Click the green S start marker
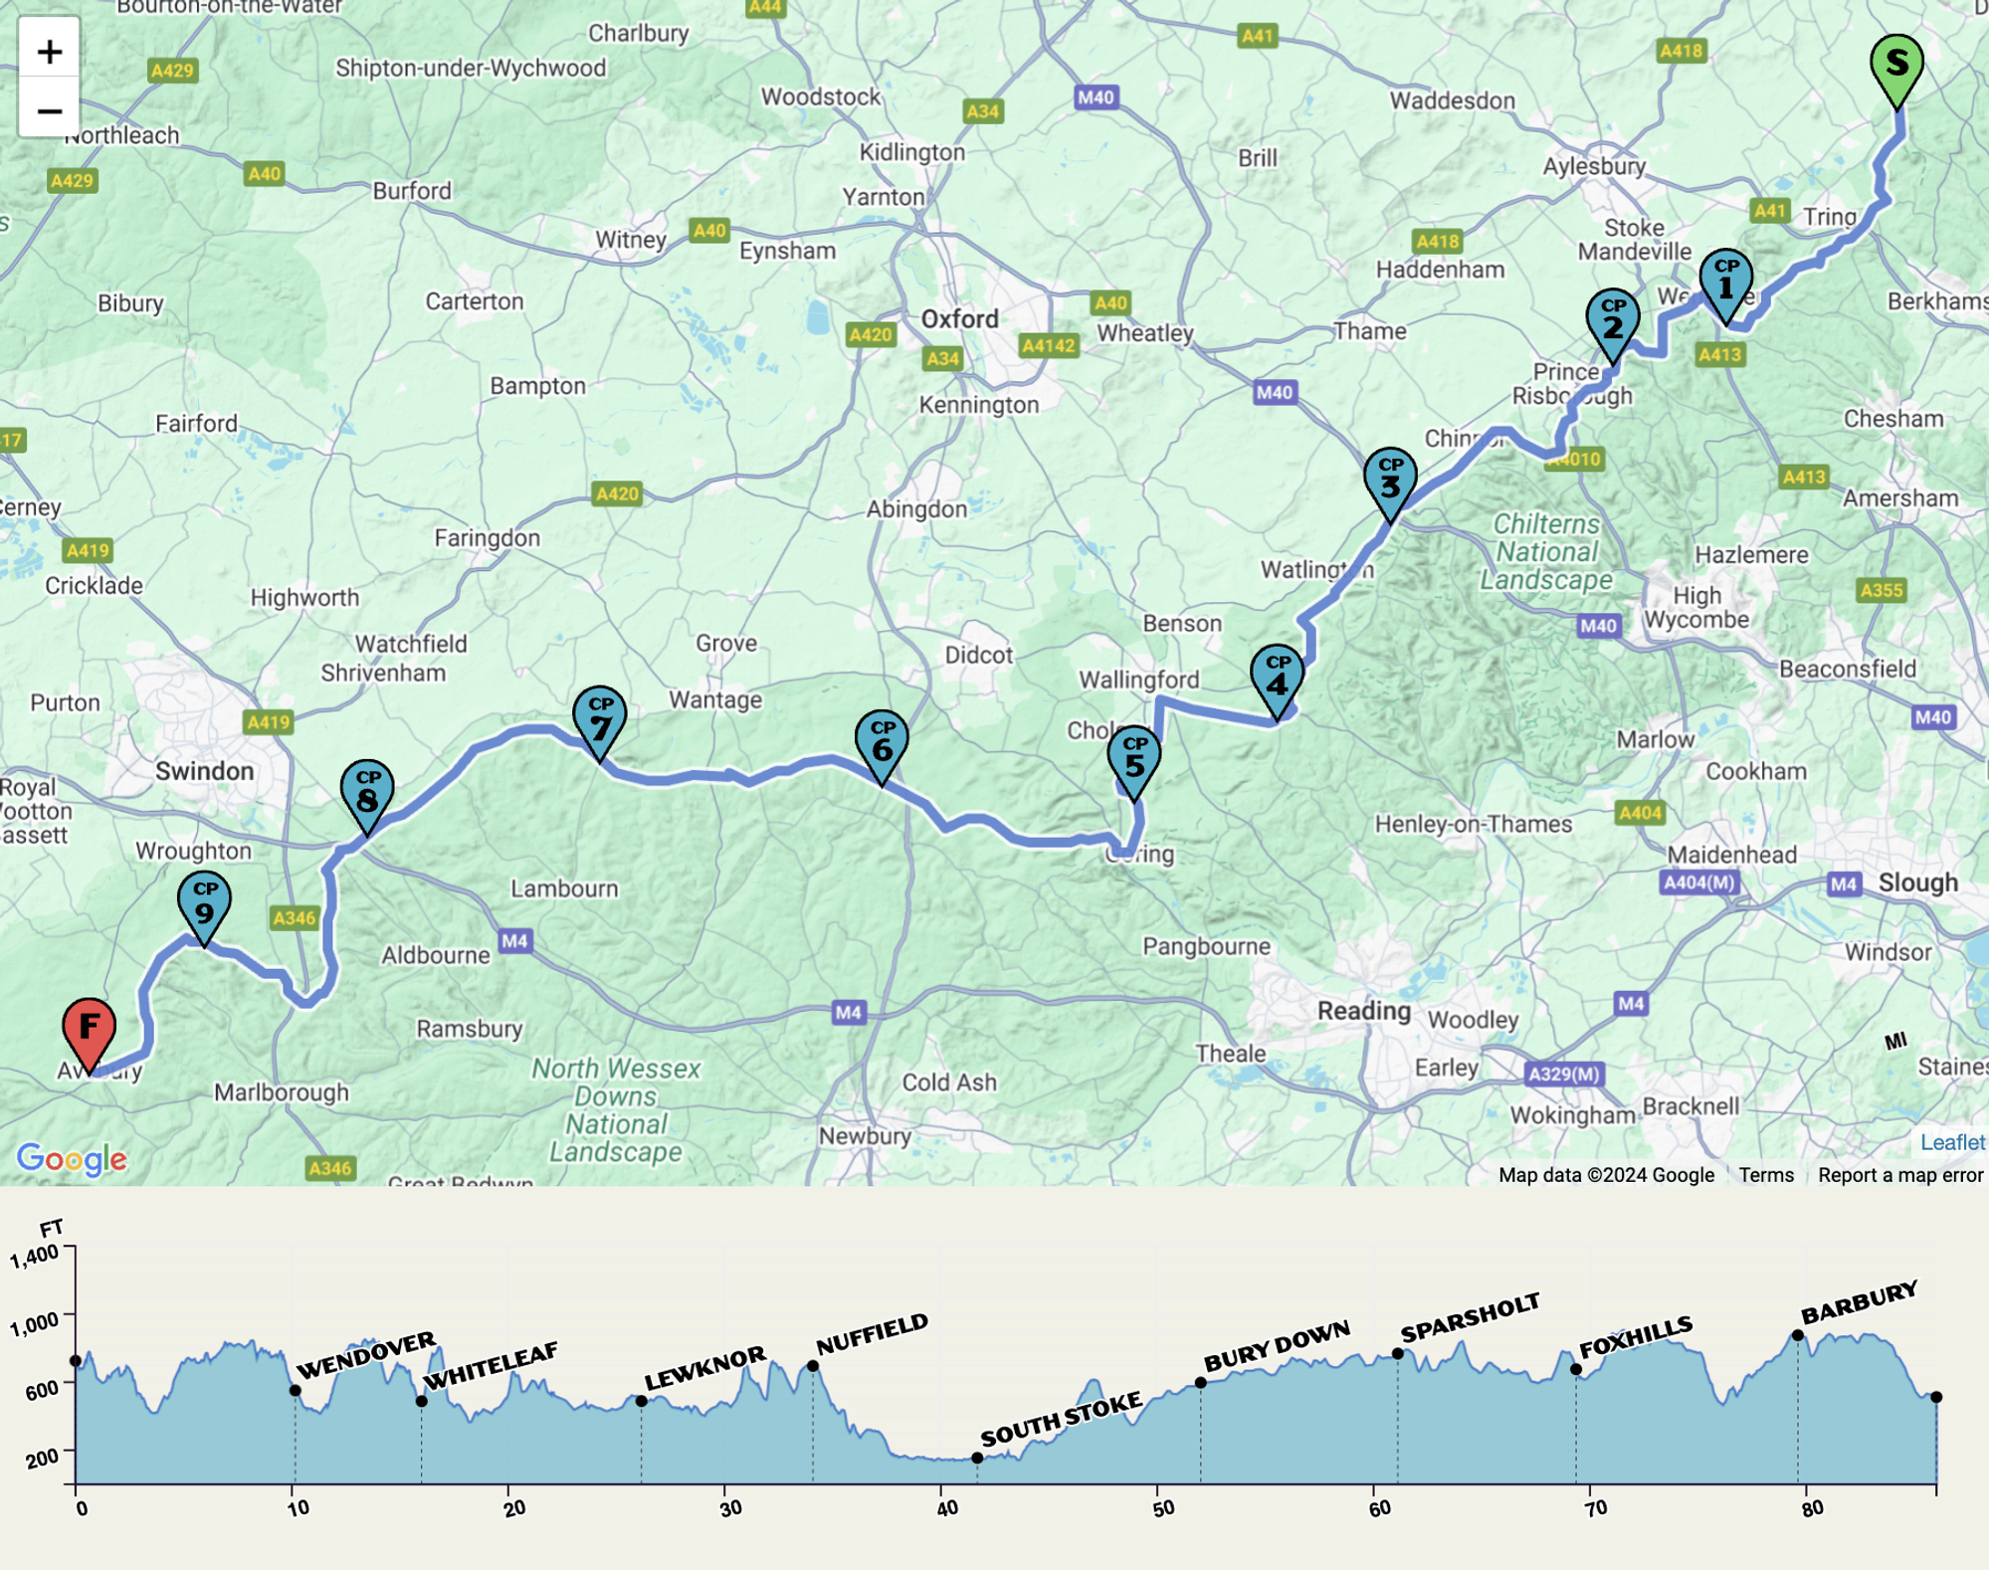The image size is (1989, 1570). click(1895, 64)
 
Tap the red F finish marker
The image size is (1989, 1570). click(89, 1027)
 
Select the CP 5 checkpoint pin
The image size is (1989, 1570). click(1133, 758)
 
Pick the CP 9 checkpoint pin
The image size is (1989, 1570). click(204, 903)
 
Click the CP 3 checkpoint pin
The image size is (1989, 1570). click(1390, 480)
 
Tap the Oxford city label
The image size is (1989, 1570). click(959, 319)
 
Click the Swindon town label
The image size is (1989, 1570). click(204, 771)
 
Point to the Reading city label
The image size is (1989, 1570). click(1364, 1011)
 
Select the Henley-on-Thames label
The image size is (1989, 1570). click(1473, 824)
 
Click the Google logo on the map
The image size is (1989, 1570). click(72, 1158)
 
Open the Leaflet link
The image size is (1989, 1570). click(1951, 1142)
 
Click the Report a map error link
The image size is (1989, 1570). click(1899, 1175)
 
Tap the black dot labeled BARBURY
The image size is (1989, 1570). click(1797, 1336)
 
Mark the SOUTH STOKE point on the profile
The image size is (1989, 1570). click(977, 1458)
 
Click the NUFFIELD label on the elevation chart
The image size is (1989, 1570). click(872, 1334)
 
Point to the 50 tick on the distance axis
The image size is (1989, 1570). click(1162, 1508)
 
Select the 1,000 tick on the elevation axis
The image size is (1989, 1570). click(34, 1324)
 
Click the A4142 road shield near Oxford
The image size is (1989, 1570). click(1048, 345)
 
